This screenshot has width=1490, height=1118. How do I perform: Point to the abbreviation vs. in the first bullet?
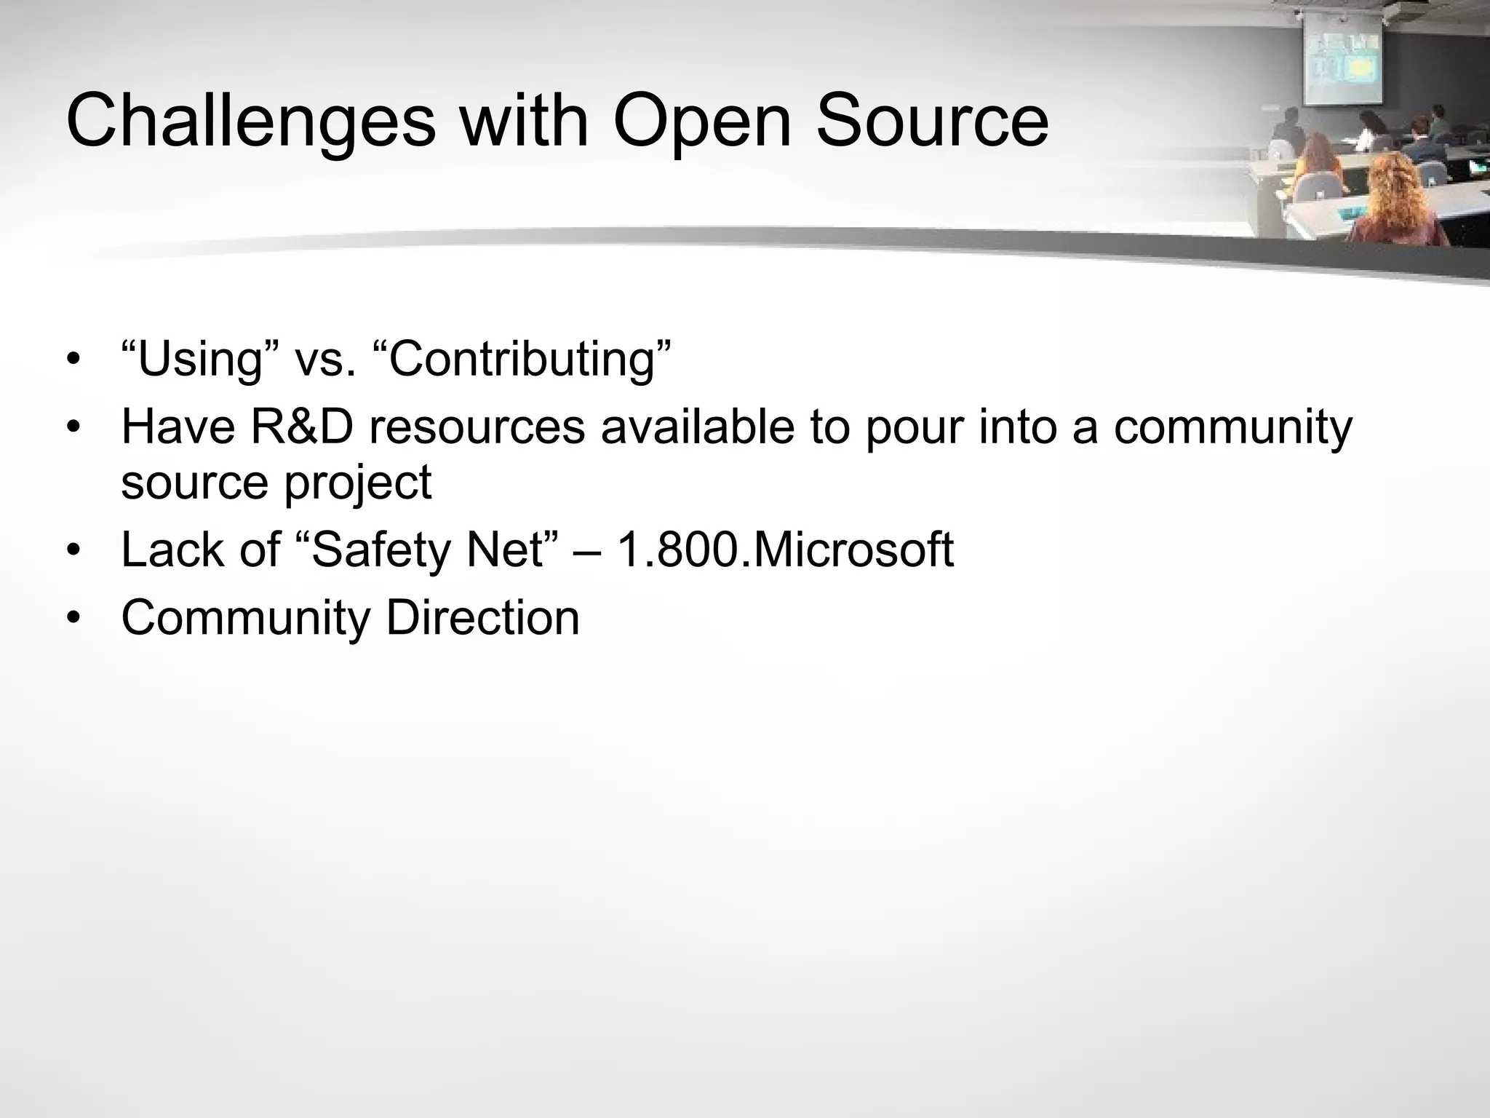325,360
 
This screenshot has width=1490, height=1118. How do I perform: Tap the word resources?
477,428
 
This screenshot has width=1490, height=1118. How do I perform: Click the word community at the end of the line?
1232,428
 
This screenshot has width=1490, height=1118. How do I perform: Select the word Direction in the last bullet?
482,617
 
